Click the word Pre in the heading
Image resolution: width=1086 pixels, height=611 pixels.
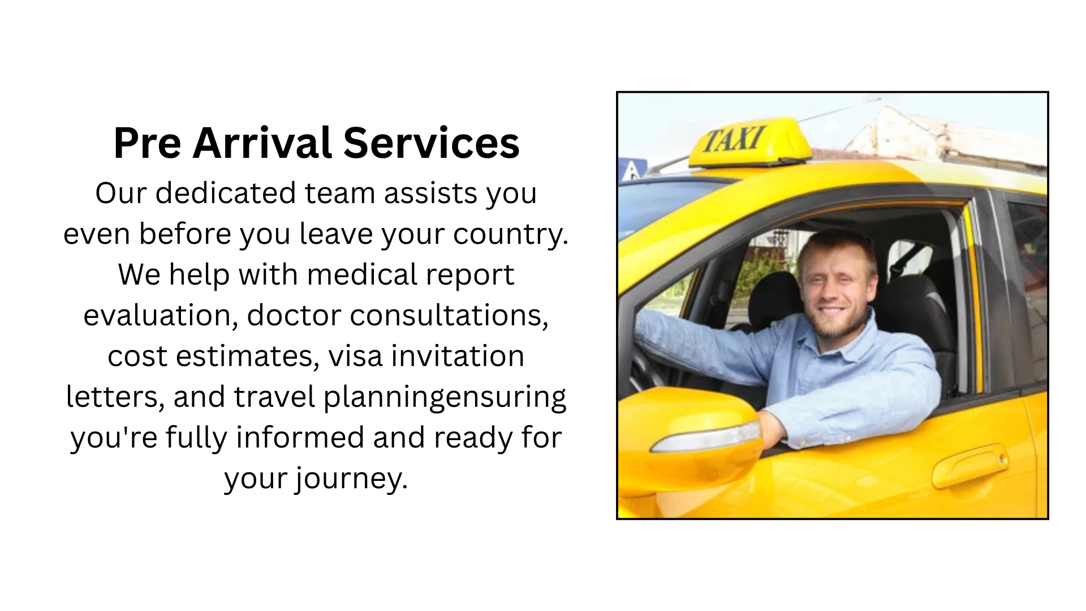[x=147, y=143]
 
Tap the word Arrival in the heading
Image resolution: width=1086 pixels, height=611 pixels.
[x=262, y=143]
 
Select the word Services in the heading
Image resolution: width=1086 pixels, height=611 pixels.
[x=431, y=143]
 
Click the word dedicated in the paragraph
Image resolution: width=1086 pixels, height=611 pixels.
[x=226, y=193]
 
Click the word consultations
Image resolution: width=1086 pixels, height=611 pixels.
[x=449, y=316]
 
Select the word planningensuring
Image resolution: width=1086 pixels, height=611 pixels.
[x=445, y=397]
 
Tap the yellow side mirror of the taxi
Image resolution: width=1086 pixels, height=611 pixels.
[x=693, y=436]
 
